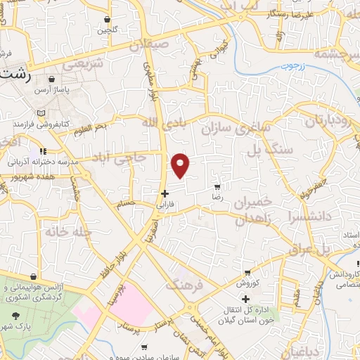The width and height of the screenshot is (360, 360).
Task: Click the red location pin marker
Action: coord(181,165)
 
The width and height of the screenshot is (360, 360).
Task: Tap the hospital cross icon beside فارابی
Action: coord(165,193)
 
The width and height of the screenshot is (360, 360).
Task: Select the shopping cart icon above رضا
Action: coord(217,187)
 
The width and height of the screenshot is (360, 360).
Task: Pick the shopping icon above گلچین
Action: coord(107,20)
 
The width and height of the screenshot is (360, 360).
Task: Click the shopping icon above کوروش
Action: coord(247,273)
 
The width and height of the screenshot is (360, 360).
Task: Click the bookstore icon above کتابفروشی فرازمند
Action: coord(40,112)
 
